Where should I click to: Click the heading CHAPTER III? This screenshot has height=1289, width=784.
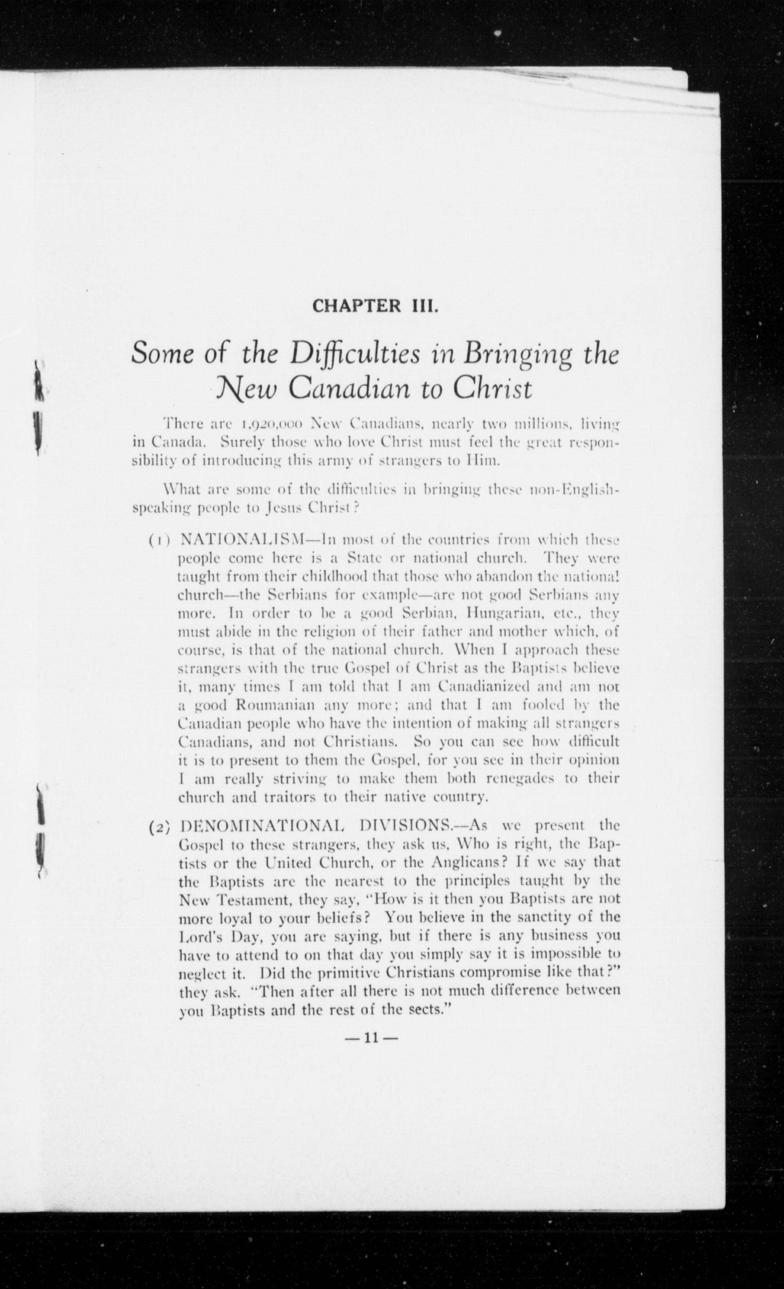click(375, 306)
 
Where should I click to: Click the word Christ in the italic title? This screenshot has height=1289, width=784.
click(492, 390)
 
